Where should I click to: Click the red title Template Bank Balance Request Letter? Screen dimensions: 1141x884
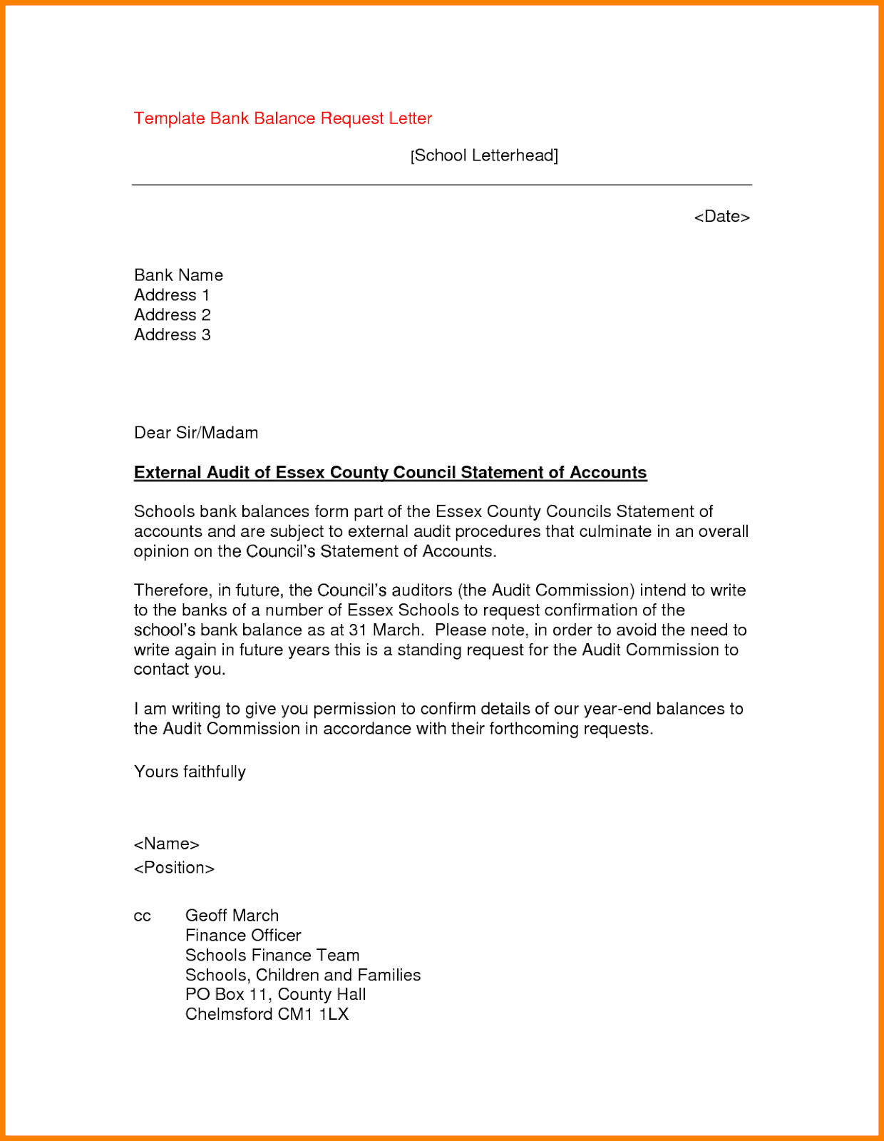pos(283,118)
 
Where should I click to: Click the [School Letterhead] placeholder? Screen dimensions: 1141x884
pos(484,155)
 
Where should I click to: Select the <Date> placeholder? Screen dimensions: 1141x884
pos(721,217)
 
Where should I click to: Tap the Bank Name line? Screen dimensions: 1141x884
pos(178,275)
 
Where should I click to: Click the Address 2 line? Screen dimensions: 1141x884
pos(173,315)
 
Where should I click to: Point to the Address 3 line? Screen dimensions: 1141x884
pos(173,335)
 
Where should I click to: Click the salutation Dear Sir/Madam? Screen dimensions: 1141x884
pos(196,433)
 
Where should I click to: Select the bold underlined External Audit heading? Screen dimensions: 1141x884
pos(390,473)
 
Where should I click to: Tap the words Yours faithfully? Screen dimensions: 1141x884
pos(190,772)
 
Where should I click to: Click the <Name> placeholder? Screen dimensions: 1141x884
pos(166,844)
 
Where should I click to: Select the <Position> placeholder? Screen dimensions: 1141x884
pos(174,868)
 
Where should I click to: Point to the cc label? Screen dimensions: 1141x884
pos(142,916)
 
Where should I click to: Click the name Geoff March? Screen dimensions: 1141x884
pos(232,916)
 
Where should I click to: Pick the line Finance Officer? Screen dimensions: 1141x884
pos(243,936)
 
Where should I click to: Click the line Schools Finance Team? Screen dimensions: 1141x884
pos(272,956)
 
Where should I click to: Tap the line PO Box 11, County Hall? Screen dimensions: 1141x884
pos(275,995)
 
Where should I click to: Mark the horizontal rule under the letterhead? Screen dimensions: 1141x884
pos(442,185)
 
